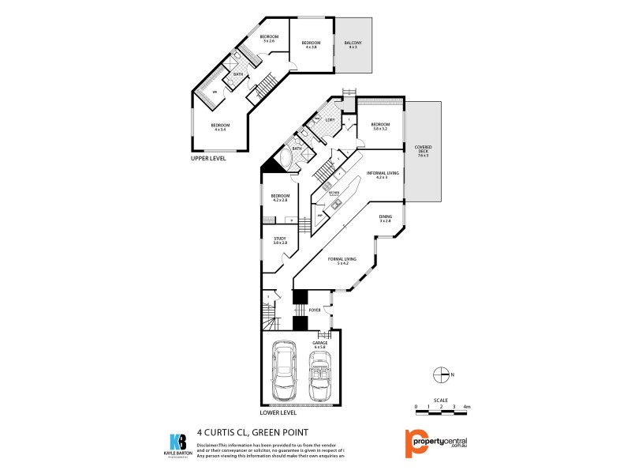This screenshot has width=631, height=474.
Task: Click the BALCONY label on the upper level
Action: pos(353,44)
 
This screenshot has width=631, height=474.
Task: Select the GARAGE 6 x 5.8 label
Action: pos(320,344)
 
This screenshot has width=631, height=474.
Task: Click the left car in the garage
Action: pos(284,371)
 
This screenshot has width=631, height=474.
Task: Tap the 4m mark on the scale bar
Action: pos(467,406)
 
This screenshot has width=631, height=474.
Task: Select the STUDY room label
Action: pos(280,241)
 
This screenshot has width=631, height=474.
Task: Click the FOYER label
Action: pos(314,310)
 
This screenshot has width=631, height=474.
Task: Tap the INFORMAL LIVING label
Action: pos(382,174)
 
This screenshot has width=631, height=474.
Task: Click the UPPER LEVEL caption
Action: pos(208,158)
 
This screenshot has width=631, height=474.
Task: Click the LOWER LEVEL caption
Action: pos(278,412)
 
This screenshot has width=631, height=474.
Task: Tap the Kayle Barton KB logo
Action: pos(179,442)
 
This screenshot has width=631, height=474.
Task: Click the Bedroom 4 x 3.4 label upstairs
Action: pos(219,127)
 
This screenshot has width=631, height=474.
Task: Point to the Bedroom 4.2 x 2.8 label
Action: pos(280,197)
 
